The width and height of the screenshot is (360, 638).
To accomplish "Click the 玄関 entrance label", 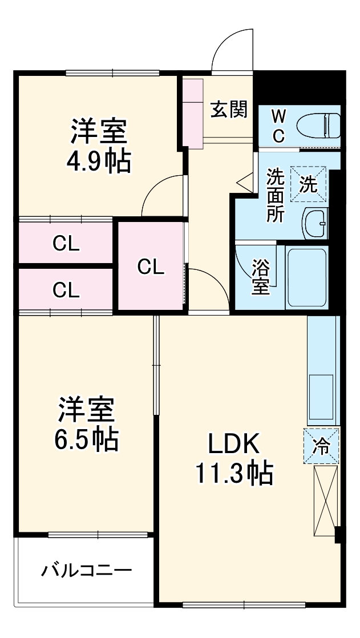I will point(229,109).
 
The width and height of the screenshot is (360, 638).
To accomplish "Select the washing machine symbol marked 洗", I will point(309,184).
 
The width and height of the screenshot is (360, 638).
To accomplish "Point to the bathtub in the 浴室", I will point(307,277).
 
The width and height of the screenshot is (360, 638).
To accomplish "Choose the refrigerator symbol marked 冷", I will point(321,446).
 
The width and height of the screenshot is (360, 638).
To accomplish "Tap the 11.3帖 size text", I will point(234,473).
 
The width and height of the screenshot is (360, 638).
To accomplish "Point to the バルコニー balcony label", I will point(87,570).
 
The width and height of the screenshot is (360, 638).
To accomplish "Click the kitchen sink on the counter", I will point(321,395).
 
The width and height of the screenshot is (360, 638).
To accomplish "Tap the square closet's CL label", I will point(151,266).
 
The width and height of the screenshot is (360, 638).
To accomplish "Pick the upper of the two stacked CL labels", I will point(66,244).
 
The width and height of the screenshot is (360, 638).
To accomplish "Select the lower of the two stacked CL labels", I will point(66,290).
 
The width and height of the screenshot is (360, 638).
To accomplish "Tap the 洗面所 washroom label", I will point(276,196).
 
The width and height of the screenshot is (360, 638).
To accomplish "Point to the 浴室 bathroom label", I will point(261,277).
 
